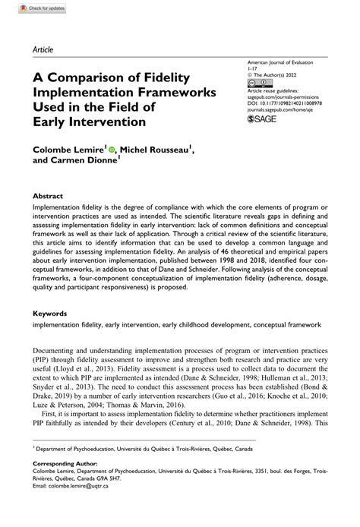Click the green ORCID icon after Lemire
112,150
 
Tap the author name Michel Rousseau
155,151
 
